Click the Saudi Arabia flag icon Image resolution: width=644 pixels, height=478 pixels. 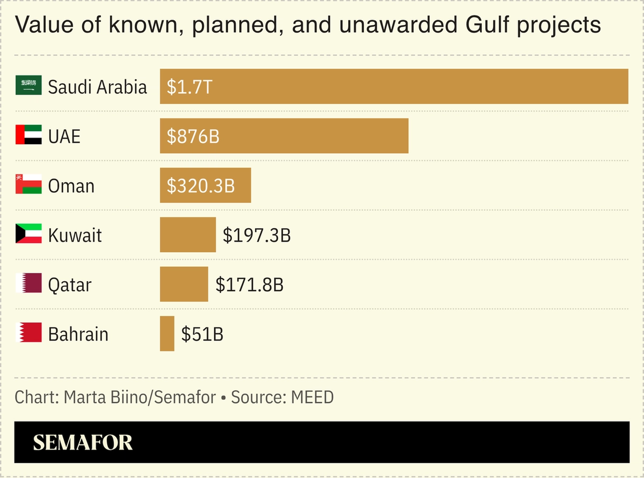29,86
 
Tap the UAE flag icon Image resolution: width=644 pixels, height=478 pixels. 29,135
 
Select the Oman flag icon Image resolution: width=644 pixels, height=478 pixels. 29,184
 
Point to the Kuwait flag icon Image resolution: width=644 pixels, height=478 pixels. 29,234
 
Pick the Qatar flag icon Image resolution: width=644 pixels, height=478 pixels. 29,283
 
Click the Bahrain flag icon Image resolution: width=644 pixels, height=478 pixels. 29,333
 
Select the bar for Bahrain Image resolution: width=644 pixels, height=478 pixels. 167,334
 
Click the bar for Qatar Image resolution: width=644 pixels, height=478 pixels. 184,284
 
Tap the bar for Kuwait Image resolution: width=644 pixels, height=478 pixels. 188,235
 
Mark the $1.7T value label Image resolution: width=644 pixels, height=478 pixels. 189,87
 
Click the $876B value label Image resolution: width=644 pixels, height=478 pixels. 193,136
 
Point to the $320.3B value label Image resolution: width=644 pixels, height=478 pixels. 201,186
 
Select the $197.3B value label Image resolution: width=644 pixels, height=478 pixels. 257,235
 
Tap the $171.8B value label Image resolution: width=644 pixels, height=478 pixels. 249,285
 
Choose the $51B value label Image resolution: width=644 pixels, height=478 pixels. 202,334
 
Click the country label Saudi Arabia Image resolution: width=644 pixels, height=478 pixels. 97,87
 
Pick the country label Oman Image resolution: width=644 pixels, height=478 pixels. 71,186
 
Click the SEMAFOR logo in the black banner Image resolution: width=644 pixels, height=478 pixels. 83,442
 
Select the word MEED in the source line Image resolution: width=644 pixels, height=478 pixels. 312,397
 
